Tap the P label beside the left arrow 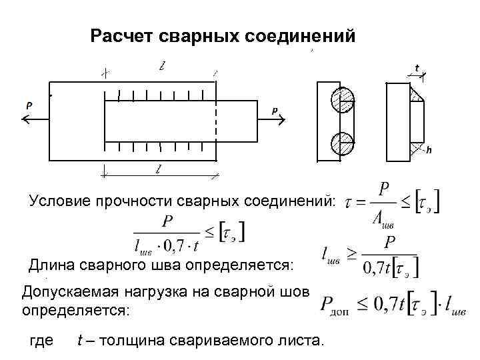click(x=29, y=105)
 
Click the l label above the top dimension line click(x=161, y=66)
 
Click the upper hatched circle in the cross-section click(x=341, y=101)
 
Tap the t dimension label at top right click(x=417, y=68)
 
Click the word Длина click(x=51, y=265)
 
